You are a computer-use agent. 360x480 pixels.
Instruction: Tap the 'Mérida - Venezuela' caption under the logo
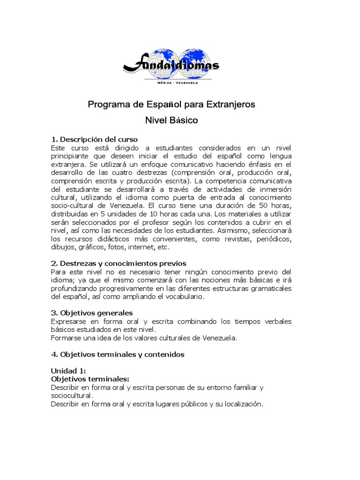tap(172, 82)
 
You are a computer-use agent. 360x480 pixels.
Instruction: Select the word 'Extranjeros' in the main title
tap(232, 105)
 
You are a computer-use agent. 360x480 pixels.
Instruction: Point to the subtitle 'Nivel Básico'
tap(172, 120)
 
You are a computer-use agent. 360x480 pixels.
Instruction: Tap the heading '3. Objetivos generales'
tap(91, 313)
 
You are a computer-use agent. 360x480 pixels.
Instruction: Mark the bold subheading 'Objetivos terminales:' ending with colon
tap(90, 379)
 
